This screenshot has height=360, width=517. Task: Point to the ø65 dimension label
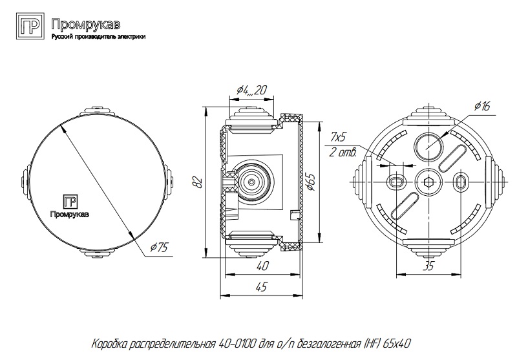click(311, 182)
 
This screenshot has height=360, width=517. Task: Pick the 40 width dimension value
click(262, 266)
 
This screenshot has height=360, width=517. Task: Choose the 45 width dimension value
click(262, 288)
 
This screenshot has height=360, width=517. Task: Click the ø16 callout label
click(483, 106)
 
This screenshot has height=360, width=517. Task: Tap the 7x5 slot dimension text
click(339, 137)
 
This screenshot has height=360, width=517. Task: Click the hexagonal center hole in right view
click(428, 182)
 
